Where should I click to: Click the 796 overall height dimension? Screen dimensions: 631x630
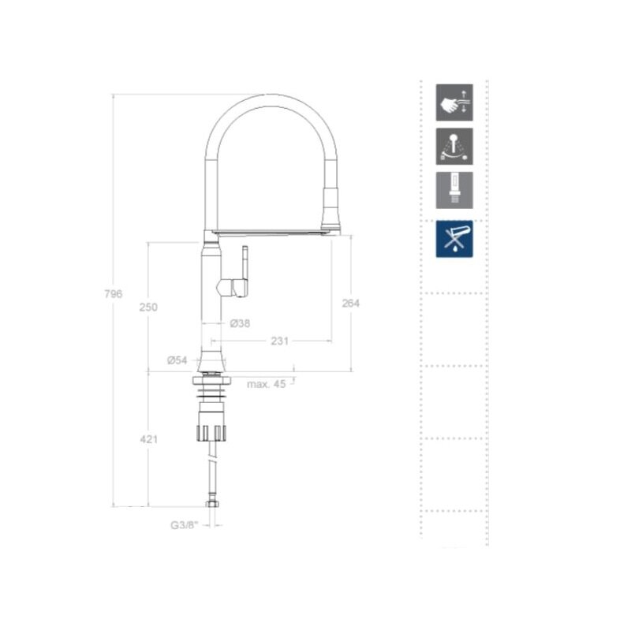tap(113, 294)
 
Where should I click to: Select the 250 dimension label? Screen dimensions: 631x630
tap(148, 308)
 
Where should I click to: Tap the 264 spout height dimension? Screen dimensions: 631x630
tap(350, 304)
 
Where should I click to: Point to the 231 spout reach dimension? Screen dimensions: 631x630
tap(280, 341)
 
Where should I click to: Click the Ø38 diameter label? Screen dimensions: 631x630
tap(241, 323)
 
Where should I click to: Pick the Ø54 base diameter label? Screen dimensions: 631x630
tap(177, 360)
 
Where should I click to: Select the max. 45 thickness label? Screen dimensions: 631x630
tap(266, 384)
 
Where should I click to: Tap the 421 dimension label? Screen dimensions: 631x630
tap(149, 439)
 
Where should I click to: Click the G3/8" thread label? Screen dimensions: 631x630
tap(185, 525)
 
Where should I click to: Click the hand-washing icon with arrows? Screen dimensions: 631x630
tap(454, 103)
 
